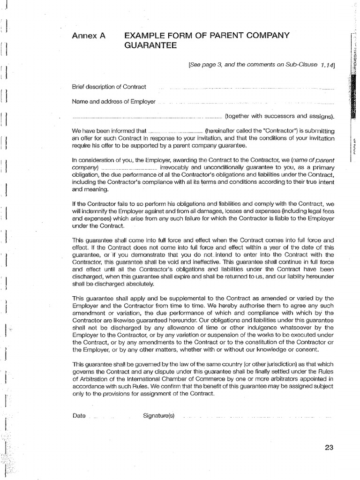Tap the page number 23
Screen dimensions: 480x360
[328, 447]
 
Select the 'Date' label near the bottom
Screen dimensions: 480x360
[79, 416]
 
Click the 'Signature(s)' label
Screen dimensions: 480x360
[158, 416]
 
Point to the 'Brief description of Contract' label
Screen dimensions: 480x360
[109, 87]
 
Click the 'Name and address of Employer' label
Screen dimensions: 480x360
[113, 101]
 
